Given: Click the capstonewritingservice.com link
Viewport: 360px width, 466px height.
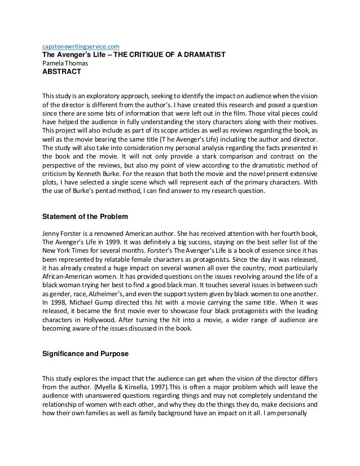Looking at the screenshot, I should [81, 46].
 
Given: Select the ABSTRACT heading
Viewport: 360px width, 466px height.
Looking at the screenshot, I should [62, 72].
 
